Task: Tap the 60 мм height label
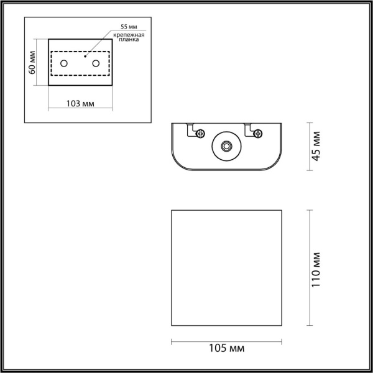coord(32,63)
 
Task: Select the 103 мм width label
coord(80,103)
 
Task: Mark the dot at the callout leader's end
coord(85,57)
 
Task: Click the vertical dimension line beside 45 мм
coord(310,147)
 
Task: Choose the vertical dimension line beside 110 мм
coord(310,267)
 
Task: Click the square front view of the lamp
coord(227,267)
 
